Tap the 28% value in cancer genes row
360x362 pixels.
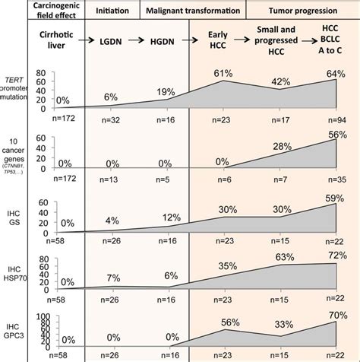(x=280, y=146)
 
